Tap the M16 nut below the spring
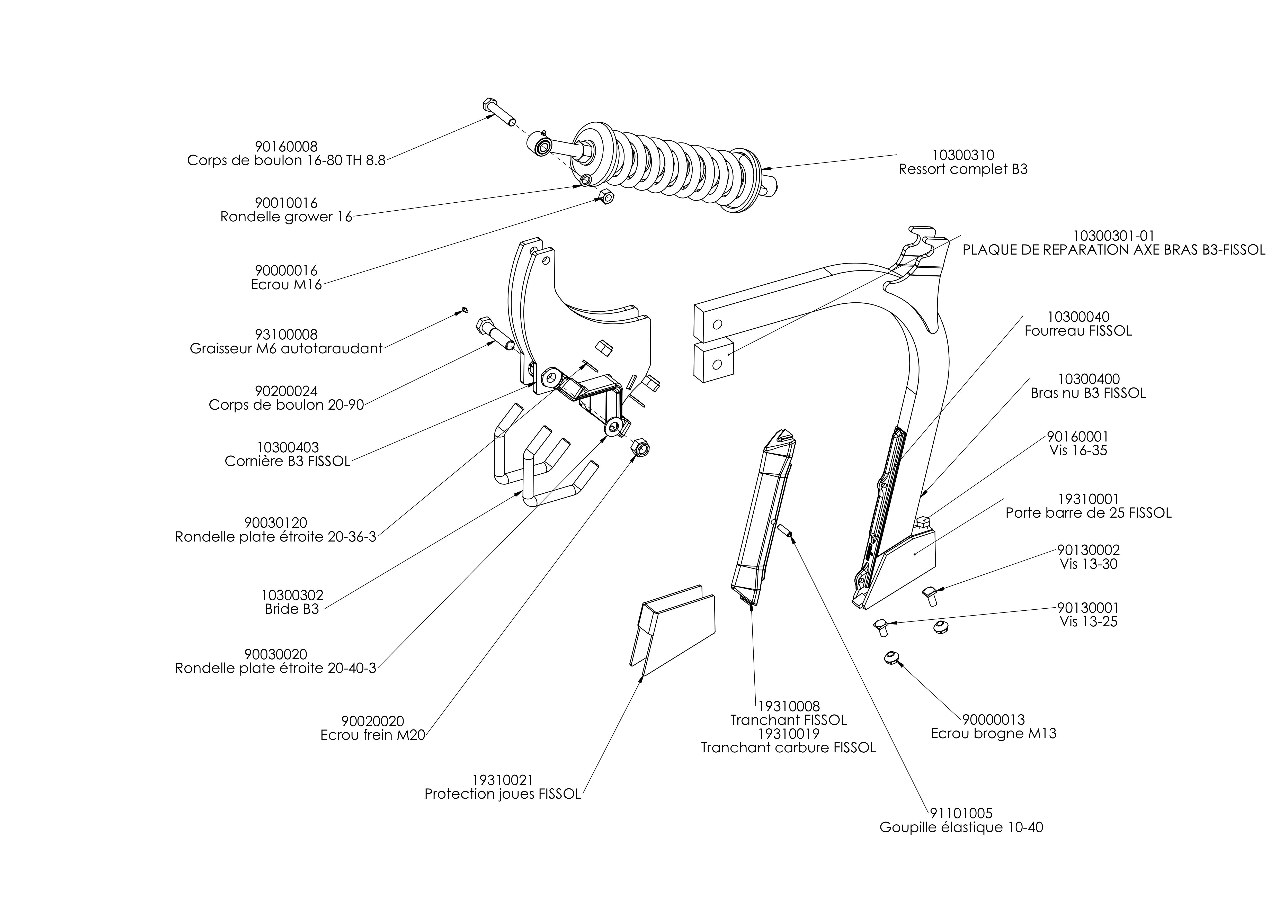605,196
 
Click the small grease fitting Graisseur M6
465,310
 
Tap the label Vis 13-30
1088,564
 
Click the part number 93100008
286,334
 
